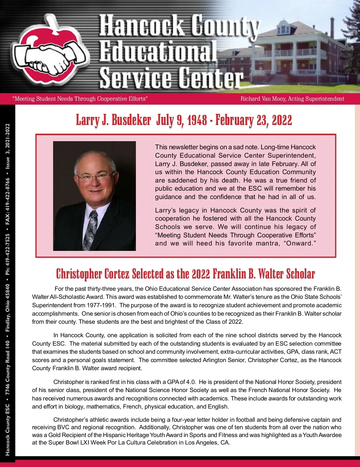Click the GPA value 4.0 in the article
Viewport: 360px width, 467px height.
pyautogui.click(x=191, y=382)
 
